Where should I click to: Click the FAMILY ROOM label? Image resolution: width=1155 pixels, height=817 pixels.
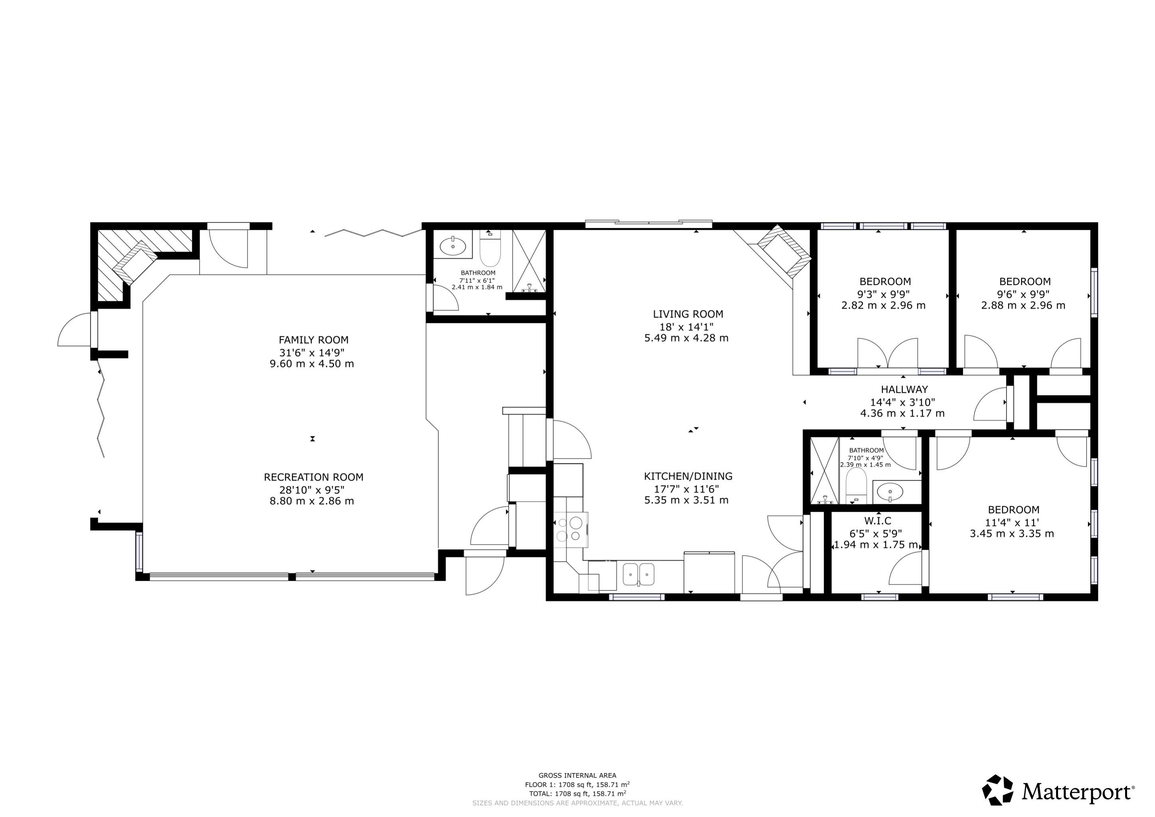[314, 340]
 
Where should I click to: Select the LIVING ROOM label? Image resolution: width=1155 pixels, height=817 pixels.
[688, 314]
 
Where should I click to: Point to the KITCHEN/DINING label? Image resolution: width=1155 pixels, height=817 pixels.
[688, 476]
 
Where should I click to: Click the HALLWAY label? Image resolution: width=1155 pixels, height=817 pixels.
[904, 389]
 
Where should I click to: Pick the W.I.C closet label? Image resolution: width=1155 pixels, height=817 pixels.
[878, 521]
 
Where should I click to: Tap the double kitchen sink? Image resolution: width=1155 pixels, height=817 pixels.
[638, 574]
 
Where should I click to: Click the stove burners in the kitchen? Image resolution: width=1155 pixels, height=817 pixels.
[570, 530]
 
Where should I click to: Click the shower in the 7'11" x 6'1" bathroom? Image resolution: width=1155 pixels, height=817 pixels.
[529, 261]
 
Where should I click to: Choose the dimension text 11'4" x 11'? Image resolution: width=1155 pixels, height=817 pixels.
[1012, 522]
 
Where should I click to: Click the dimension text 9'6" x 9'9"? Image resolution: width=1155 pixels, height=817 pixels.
[1023, 294]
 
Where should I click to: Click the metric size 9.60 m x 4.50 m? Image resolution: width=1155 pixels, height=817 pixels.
[312, 364]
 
